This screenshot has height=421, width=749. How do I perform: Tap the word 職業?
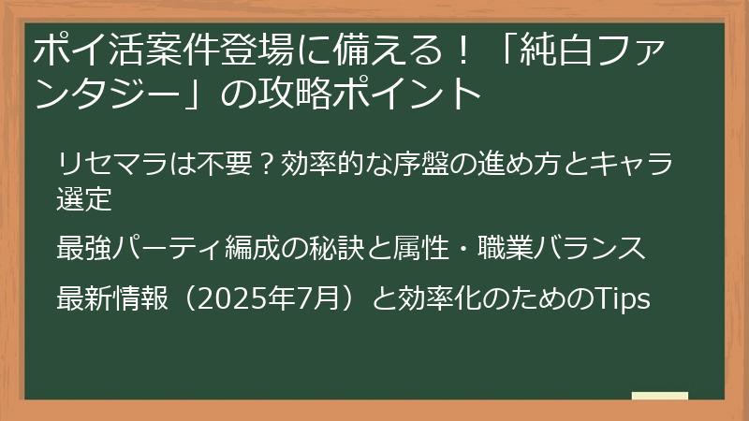(532, 249)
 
